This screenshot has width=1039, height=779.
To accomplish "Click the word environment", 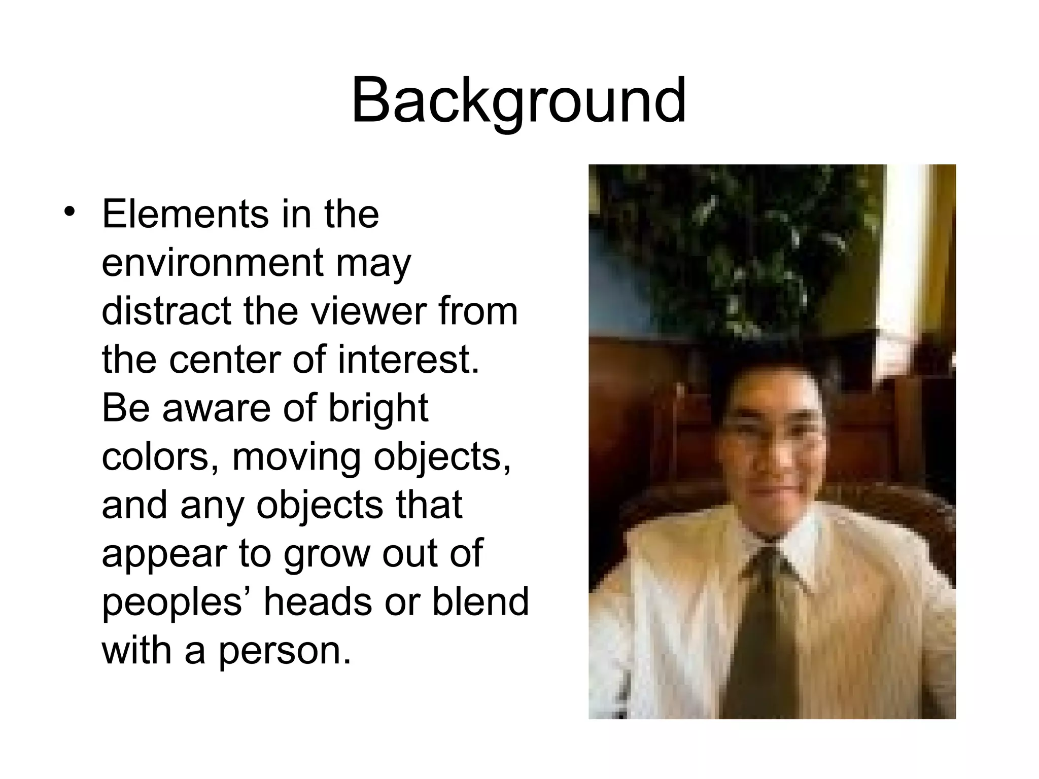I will pyautogui.click(x=212, y=262).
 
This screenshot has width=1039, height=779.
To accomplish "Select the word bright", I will pyautogui.click(x=378, y=408).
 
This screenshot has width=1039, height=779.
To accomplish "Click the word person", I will pyautogui.click(x=284, y=651).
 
